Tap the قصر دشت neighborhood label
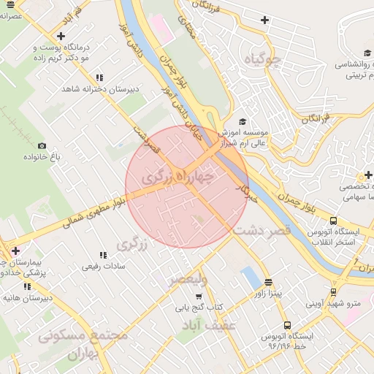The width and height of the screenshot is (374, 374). [x=262, y=229]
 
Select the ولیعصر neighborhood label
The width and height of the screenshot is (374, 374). [x=188, y=280]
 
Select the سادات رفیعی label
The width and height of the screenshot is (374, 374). [x=104, y=267]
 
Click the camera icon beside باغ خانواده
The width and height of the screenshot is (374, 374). [x=42, y=146]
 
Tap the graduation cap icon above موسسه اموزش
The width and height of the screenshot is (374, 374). [x=243, y=122]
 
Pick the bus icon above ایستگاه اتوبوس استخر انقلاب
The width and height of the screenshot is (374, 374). [x=333, y=221]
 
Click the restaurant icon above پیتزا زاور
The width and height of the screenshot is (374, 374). [x=268, y=282]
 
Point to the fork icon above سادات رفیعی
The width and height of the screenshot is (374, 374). [x=103, y=255]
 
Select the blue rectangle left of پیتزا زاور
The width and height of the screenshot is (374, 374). [x=251, y=278]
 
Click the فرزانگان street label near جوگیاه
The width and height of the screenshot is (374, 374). [x=316, y=117]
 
